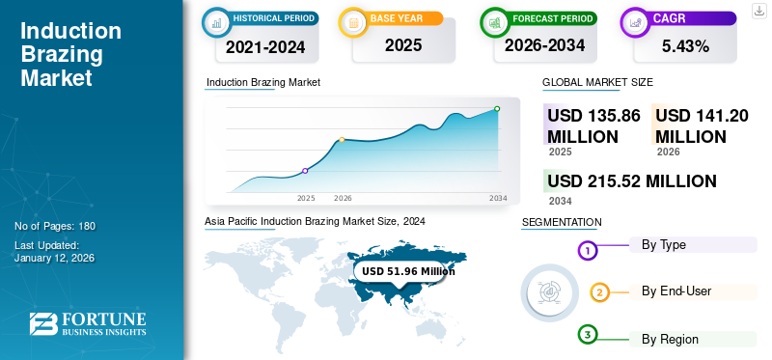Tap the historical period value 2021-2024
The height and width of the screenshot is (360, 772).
(x=260, y=45)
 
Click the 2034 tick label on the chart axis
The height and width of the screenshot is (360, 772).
(x=498, y=198)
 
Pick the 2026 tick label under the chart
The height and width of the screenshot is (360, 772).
(x=343, y=198)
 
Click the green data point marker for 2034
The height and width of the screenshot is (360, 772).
(x=497, y=109)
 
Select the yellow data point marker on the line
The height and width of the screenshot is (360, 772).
(x=342, y=140)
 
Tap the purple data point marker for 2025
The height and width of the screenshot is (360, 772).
(x=305, y=171)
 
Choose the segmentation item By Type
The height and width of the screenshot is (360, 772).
(x=664, y=245)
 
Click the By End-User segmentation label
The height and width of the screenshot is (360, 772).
(x=676, y=291)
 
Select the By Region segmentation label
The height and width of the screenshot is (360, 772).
(x=670, y=339)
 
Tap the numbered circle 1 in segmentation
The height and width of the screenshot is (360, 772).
(x=588, y=251)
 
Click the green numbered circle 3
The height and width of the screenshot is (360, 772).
(x=588, y=335)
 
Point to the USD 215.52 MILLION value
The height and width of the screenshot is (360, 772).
(x=631, y=181)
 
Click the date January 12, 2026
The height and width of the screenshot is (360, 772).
(x=54, y=259)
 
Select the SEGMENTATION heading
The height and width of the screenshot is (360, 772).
(x=562, y=223)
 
